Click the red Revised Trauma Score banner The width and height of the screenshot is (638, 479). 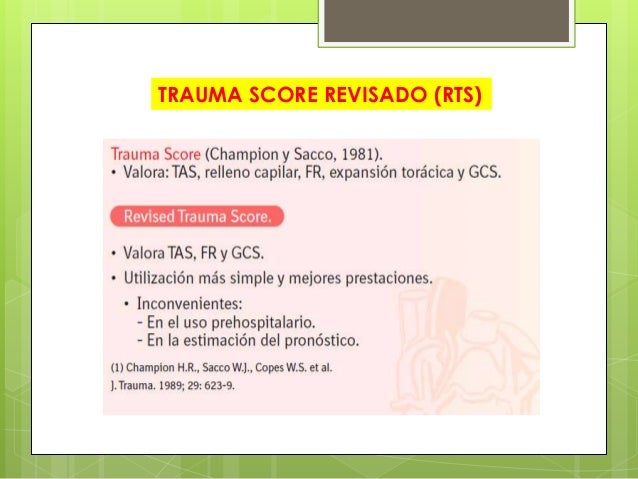[x=197, y=216]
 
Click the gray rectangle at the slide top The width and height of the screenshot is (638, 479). [x=446, y=21]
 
